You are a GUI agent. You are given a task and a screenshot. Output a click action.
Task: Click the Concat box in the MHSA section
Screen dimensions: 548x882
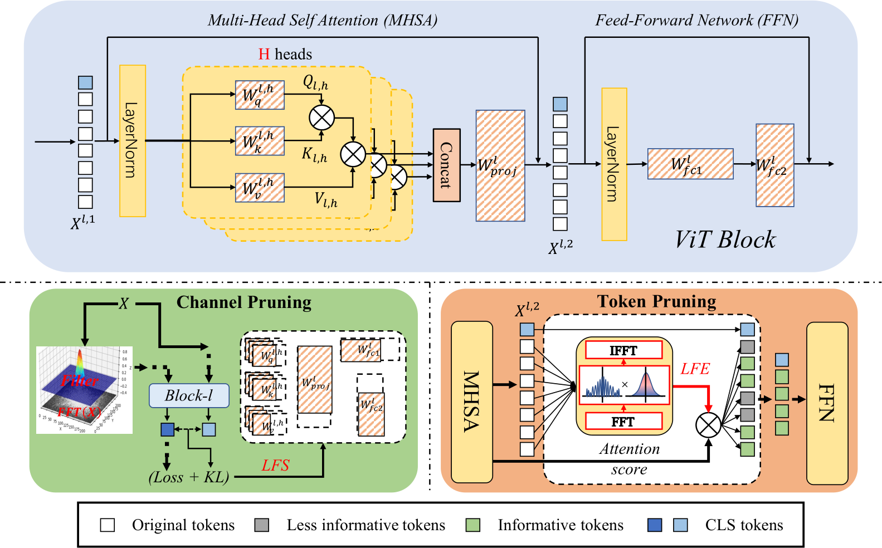click(x=446, y=165)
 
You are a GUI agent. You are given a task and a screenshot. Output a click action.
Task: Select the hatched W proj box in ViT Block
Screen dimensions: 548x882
click(x=500, y=165)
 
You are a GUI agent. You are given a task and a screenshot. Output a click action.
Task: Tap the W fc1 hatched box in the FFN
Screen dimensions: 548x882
click(x=690, y=164)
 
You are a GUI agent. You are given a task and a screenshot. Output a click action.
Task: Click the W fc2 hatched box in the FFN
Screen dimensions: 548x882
click(x=774, y=165)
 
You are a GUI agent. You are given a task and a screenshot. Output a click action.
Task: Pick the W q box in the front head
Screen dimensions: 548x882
click(x=260, y=95)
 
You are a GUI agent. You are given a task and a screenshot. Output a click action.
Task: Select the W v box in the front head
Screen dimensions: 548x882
click(x=260, y=188)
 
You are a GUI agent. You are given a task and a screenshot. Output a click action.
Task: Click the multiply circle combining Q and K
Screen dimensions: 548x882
click(x=321, y=118)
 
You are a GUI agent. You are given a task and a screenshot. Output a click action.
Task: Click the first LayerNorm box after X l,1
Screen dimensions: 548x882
click(x=133, y=141)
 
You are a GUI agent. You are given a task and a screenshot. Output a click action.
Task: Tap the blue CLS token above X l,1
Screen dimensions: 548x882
click(x=85, y=82)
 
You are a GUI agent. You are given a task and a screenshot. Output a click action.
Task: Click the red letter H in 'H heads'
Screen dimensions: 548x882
click(x=264, y=55)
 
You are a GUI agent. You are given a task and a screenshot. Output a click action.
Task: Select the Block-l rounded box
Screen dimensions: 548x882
click(x=189, y=395)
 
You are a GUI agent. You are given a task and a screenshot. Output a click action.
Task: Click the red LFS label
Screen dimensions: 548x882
click(x=275, y=466)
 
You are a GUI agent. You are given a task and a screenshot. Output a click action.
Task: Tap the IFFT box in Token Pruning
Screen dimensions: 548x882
click(x=623, y=350)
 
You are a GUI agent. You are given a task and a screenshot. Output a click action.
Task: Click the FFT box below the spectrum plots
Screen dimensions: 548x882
click(x=623, y=422)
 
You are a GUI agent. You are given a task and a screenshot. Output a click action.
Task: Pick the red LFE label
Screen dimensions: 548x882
click(x=695, y=369)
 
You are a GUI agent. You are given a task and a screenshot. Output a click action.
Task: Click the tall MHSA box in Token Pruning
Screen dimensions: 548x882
click(x=471, y=402)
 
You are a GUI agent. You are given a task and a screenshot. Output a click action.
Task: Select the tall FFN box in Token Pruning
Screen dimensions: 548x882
click(x=827, y=403)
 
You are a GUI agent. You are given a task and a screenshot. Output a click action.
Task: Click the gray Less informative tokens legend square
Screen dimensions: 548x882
click(x=261, y=525)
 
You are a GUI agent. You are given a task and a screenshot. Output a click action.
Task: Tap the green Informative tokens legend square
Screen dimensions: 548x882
click(x=472, y=525)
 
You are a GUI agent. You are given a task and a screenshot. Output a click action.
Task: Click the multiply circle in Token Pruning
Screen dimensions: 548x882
click(x=708, y=426)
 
